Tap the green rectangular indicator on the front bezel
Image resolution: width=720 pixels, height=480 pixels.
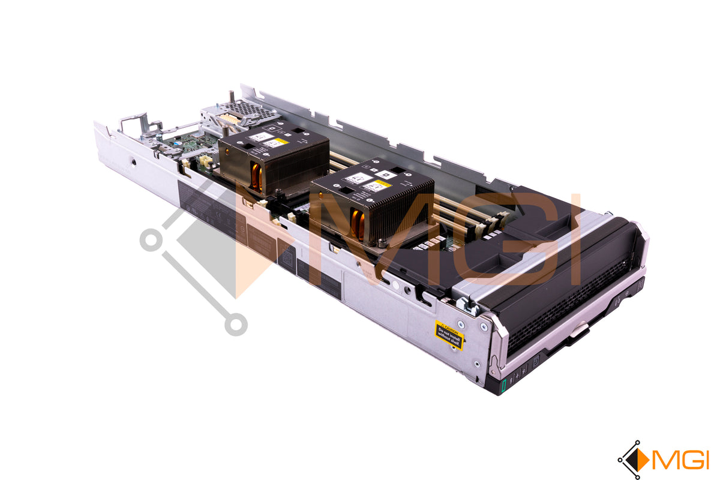click(x=504, y=382)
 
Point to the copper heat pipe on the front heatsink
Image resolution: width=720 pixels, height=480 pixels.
click(x=358, y=224)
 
